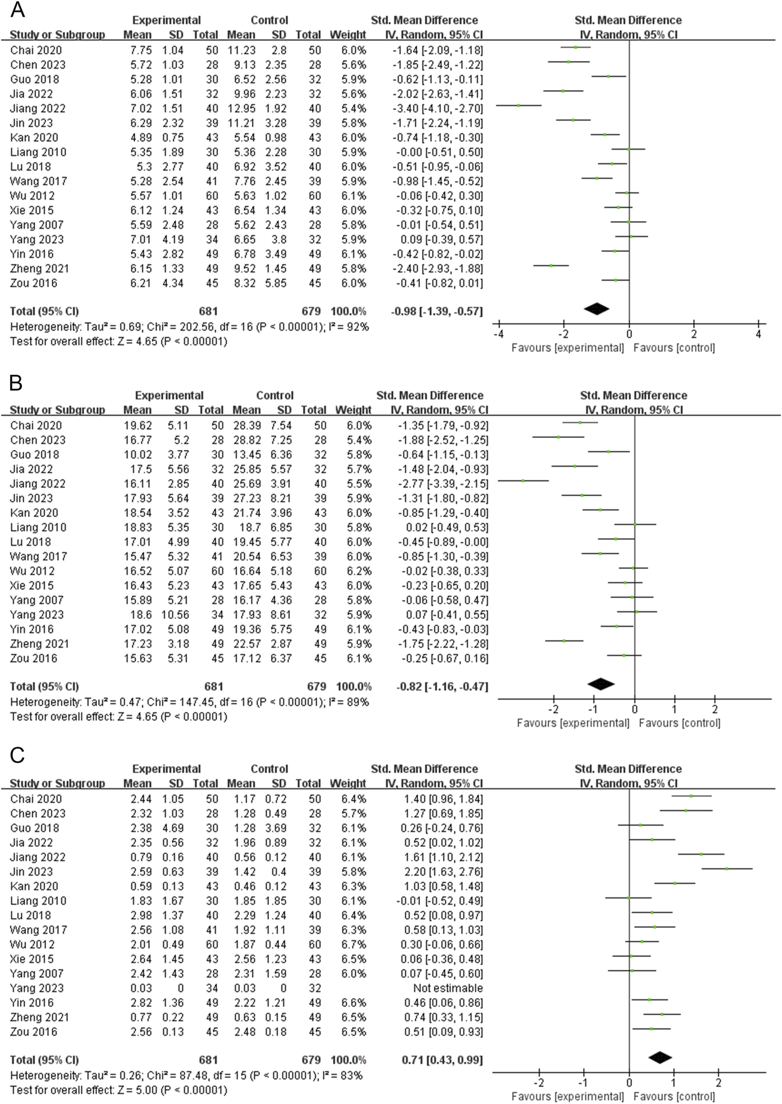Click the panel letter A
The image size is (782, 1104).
point(18,9)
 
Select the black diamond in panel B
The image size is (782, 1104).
point(600,684)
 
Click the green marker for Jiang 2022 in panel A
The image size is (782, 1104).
point(519,105)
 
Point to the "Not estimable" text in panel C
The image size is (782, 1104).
point(447,988)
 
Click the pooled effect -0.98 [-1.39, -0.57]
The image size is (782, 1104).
point(437,311)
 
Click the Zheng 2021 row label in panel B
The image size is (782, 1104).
point(39,644)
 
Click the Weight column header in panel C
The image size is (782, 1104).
point(348,783)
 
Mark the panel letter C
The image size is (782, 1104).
point(18,756)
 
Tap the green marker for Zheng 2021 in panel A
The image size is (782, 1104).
point(551,265)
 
